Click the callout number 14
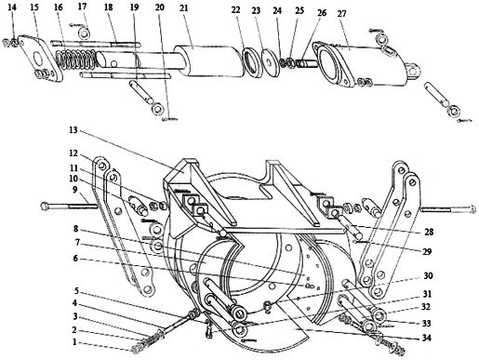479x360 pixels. pyautogui.click(x=12, y=7)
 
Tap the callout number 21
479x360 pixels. pyautogui.click(x=184, y=7)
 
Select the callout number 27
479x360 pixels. pyautogui.click(x=341, y=14)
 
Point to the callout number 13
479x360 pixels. pyautogui.click(x=73, y=130)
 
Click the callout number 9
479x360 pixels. pyautogui.click(x=75, y=189)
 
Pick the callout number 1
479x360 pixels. pyautogui.click(x=74, y=342)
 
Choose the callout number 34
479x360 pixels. pyautogui.click(x=427, y=338)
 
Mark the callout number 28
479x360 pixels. pyautogui.click(x=429, y=232)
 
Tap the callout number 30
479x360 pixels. pyautogui.click(x=428, y=275)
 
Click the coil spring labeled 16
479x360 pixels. pyautogui.click(x=76, y=59)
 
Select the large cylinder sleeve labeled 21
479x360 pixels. pyautogui.click(x=208, y=61)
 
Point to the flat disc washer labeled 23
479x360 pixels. pyautogui.click(x=271, y=63)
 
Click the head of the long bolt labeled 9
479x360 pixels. pyautogui.click(x=44, y=206)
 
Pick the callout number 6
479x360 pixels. pyautogui.click(x=75, y=258)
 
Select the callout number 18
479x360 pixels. pyautogui.click(x=108, y=7)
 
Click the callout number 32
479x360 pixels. pyautogui.click(x=426, y=307)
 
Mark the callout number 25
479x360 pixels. pyautogui.click(x=299, y=10)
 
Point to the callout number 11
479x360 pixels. pyautogui.click(x=73, y=167)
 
